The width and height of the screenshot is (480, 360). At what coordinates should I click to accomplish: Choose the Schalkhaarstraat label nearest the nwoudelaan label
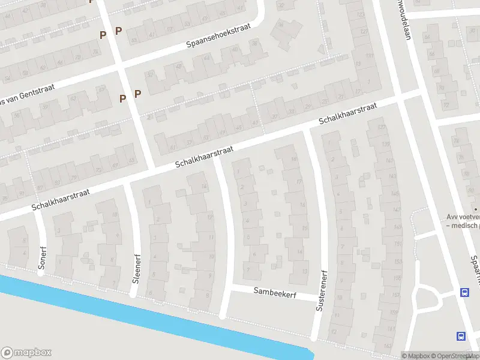[x=347, y=114]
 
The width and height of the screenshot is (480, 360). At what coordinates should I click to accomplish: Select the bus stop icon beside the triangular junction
[x=464, y=293]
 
